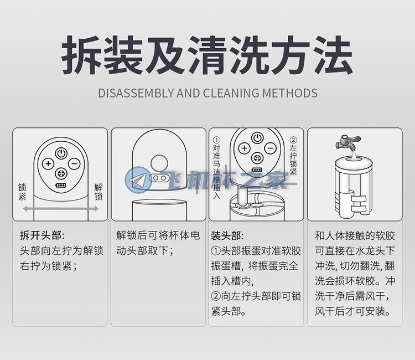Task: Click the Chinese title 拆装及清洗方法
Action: pyautogui.click(x=207, y=55)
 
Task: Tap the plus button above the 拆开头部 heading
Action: pyautogui.click(x=48, y=163)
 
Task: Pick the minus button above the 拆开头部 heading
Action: pyautogui.click(x=74, y=163)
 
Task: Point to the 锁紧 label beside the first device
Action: pyautogui.click(x=22, y=192)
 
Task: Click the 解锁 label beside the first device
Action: pyautogui.click(x=98, y=192)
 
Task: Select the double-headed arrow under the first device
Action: pyautogui.click(x=60, y=209)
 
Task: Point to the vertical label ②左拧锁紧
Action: pyautogui.click(x=293, y=157)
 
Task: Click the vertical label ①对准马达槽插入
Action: pyautogui.click(x=216, y=168)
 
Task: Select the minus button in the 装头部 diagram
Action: pyautogui.click(x=269, y=148)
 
